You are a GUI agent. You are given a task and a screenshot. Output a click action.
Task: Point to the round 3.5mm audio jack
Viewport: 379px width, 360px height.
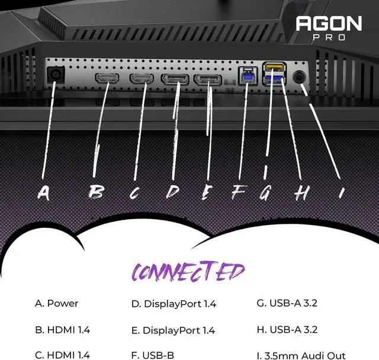(300, 77)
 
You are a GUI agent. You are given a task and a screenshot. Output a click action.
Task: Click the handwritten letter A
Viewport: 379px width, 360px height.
(43, 192)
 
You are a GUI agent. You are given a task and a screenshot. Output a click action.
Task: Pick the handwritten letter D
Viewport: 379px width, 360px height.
(172, 192)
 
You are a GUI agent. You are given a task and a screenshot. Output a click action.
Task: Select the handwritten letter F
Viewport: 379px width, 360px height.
(239, 192)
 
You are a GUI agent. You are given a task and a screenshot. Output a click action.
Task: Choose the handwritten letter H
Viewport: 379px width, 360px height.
(301, 192)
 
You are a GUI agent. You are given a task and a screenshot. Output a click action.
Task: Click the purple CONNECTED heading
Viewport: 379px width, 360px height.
(187, 271)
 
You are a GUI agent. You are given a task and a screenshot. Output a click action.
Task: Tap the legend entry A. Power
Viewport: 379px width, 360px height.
(57, 304)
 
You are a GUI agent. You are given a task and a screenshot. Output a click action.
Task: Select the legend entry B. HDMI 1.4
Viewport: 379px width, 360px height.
(62, 330)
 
